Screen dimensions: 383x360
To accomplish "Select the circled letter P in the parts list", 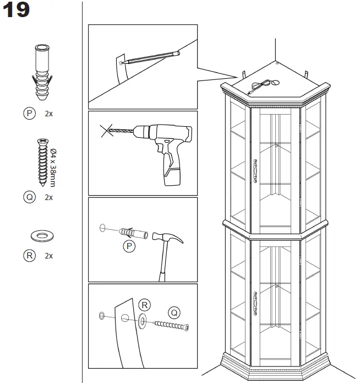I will tap(29, 114).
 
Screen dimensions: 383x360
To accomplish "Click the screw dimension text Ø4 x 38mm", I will tap(53, 168).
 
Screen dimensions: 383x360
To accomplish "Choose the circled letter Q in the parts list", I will tap(29, 197).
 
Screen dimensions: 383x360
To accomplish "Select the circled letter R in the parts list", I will tap(29, 256).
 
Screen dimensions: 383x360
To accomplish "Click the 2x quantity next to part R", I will tap(48, 256).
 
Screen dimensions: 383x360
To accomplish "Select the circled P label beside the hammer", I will tap(129, 246).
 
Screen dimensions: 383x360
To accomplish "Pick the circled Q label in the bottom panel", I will tap(174, 312).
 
